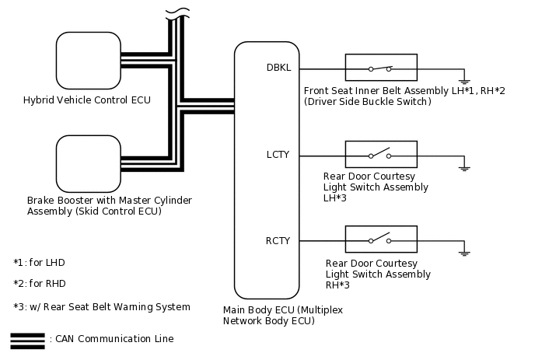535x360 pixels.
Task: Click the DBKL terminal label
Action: pyautogui.click(x=278, y=68)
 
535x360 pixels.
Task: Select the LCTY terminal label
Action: pyautogui.click(x=278, y=155)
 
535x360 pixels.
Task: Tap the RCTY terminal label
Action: pyautogui.click(x=278, y=241)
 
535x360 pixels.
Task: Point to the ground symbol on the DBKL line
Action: pyautogui.click(x=464, y=82)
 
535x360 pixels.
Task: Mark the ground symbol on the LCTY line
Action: pyautogui.click(x=464, y=169)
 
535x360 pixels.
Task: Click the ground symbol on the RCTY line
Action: pyautogui.click(x=464, y=253)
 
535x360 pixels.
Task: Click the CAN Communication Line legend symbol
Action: pyautogui.click(x=28, y=341)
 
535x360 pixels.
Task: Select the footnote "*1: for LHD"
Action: pyautogui.click(x=39, y=262)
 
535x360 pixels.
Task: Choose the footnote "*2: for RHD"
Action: pyautogui.click(x=39, y=284)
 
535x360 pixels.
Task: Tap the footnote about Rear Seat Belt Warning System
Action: pyautogui.click(x=102, y=307)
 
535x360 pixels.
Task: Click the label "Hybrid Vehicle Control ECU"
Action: pyautogui.click(x=86, y=100)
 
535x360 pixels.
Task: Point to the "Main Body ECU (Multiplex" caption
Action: pyautogui.click(x=283, y=309)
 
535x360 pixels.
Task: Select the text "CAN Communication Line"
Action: pyautogui.click(x=114, y=338)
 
